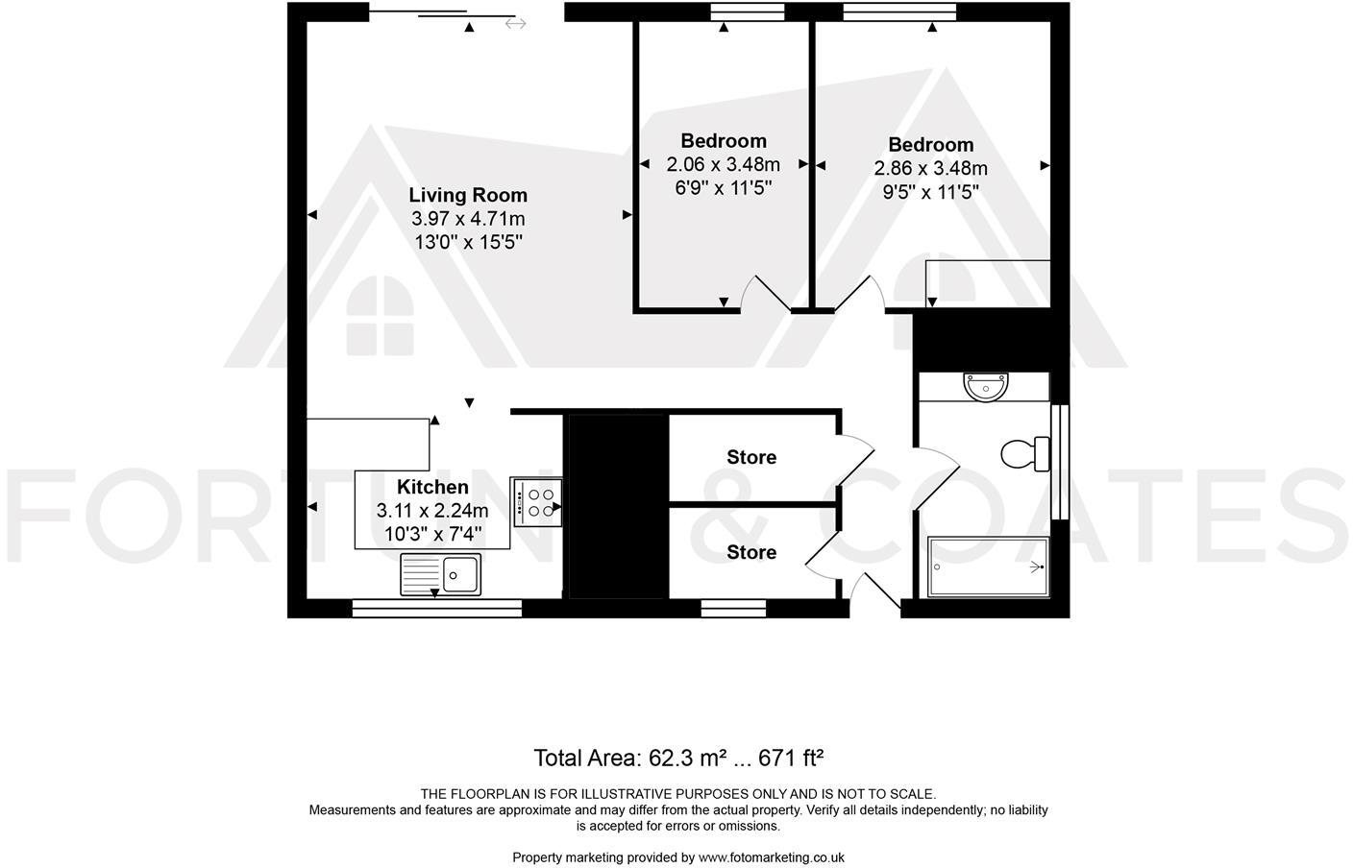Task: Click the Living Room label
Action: [467, 195]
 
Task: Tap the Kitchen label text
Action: [432, 487]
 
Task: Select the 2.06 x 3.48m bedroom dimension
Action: [723, 164]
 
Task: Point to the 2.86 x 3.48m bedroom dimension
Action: [930, 168]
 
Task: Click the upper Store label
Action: [751, 457]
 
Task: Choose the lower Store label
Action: [751, 552]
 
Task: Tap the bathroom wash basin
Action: [986, 387]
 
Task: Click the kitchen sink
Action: [441, 575]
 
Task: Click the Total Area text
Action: [678, 758]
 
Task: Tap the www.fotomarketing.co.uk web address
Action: [771, 857]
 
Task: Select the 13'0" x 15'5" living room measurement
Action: [467, 242]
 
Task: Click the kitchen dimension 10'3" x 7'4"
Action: [432, 533]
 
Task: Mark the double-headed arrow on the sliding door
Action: [515, 23]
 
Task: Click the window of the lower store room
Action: [734, 607]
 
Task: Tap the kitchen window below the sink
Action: [436, 607]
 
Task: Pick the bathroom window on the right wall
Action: [1061, 462]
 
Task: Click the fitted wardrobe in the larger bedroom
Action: [988, 283]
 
